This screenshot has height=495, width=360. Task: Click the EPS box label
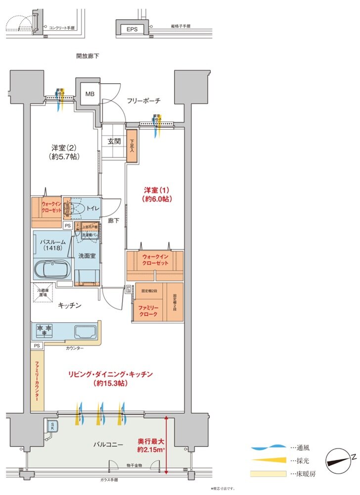click(132, 29)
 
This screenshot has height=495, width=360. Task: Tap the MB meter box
click(90, 94)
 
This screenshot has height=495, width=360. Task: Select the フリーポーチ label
click(143, 101)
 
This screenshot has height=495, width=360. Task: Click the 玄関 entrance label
click(114, 141)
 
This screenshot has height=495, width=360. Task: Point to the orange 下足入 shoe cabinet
click(132, 145)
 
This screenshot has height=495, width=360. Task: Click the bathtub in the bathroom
click(52, 270)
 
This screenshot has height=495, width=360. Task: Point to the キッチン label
click(69, 306)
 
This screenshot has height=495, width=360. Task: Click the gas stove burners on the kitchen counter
click(44, 329)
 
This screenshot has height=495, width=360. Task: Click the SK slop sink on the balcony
click(52, 425)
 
